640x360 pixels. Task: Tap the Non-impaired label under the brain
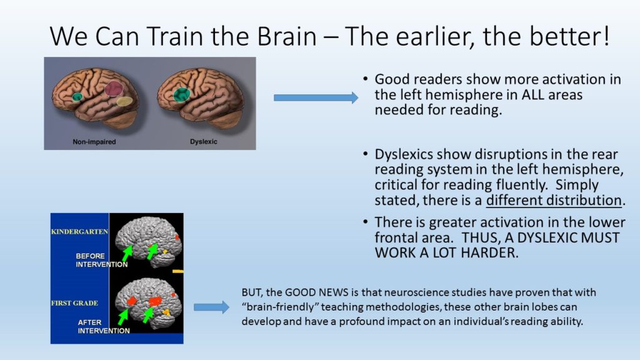coord(94,142)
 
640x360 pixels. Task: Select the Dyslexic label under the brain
coord(204,142)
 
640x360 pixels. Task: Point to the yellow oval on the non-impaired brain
coord(124,101)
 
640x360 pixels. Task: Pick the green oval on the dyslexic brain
coord(182,94)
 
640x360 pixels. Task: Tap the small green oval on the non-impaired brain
coord(77,97)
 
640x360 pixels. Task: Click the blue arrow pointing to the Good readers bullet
coord(316,97)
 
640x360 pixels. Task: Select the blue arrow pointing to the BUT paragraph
coord(211,307)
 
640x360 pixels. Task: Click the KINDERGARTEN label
coord(79,232)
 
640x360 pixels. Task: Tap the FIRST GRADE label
coord(74,303)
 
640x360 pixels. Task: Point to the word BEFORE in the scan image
coord(90,256)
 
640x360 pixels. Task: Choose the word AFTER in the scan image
coord(89,322)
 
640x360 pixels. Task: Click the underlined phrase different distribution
coord(554,201)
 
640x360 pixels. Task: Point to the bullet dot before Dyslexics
coord(365,154)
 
